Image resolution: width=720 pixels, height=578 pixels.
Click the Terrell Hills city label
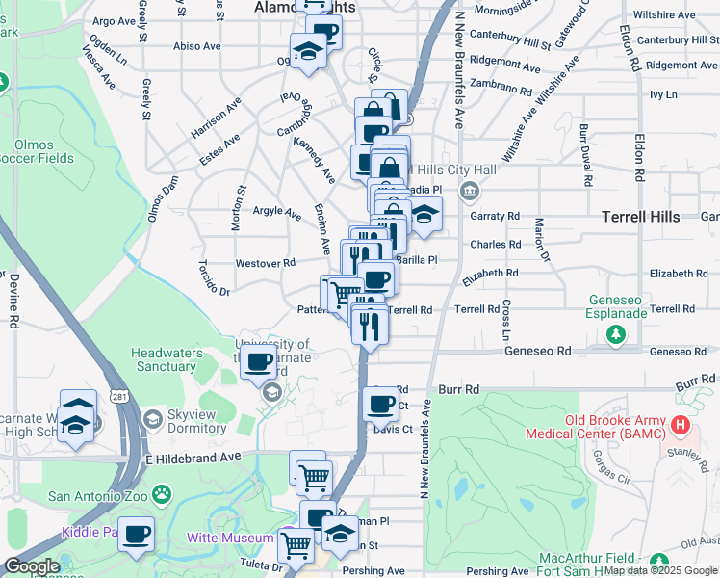click(640, 218)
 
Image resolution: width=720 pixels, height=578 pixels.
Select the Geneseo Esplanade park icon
click(616, 333)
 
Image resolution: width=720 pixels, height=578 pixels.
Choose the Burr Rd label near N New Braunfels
click(458, 390)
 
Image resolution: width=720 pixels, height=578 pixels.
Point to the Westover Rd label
click(265, 263)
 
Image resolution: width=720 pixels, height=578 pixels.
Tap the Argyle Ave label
click(276, 211)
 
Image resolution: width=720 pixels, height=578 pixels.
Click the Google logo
click(32, 567)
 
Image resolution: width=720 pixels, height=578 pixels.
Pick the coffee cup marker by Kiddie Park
click(136, 532)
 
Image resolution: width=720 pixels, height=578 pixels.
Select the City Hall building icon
click(469, 190)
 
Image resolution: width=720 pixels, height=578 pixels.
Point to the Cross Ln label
click(505, 321)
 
